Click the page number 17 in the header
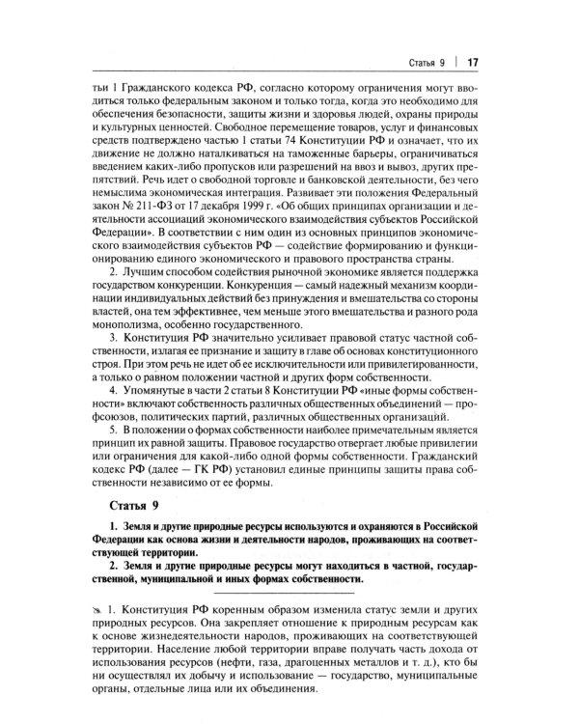click(474, 65)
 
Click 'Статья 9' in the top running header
click(424, 65)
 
